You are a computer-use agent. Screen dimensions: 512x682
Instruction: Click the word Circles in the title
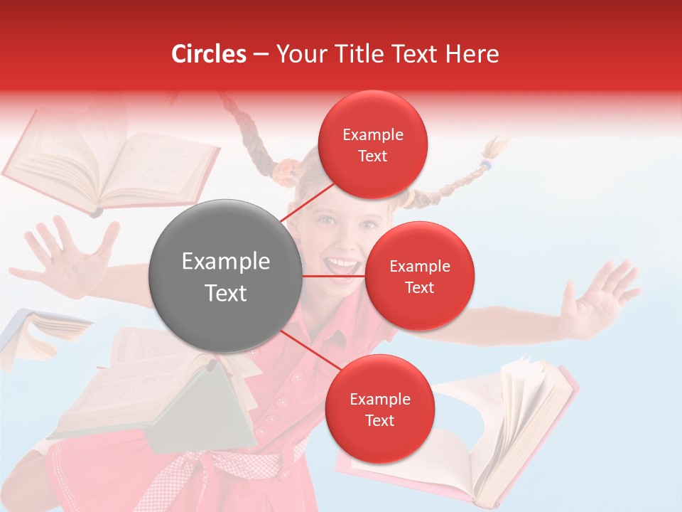point(209,54)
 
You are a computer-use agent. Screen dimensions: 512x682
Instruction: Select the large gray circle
point(225,276)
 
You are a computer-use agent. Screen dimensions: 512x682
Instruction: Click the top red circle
point(373,145)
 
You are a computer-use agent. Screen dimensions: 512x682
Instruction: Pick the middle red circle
point(419,276)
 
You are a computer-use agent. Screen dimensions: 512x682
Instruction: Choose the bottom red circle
point(379,410)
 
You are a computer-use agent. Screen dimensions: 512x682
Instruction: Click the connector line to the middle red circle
point(333,276)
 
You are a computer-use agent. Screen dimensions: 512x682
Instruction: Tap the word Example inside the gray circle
point(225,262)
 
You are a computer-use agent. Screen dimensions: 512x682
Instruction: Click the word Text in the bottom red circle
point(379,420)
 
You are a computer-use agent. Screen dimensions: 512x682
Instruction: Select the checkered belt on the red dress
point(227,466)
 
